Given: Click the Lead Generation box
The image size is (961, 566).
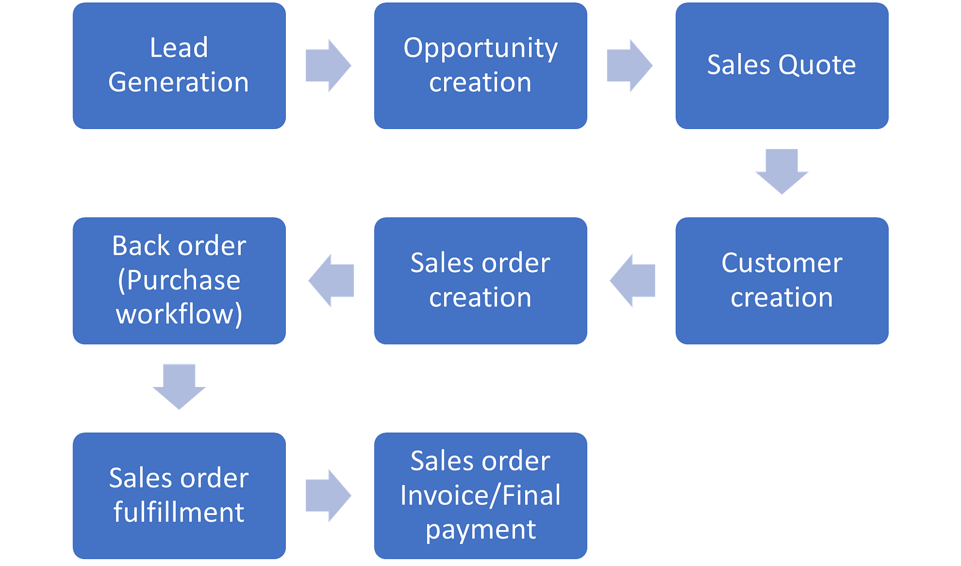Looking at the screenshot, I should [179, 66].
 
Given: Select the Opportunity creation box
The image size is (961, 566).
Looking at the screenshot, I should [480, 66].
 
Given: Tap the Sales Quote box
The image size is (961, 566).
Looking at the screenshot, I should [782, 66].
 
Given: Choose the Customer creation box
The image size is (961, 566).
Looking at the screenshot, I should [782, 280].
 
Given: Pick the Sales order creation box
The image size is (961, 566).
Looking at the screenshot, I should [480, 280].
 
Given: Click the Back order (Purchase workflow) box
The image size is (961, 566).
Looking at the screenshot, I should [179, 280].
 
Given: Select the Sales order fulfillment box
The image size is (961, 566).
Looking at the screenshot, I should [179, 495].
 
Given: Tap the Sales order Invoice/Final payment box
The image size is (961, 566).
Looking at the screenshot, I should [480, 495].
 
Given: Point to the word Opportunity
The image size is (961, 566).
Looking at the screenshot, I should [480, 48].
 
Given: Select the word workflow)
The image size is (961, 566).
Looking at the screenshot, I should [179, 314].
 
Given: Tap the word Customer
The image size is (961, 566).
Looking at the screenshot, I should [782, 263].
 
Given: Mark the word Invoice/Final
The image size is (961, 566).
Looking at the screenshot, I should [480, 495].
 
